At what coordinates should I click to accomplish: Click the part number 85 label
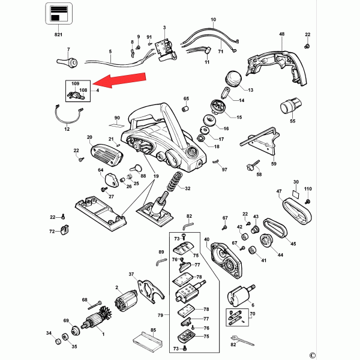coord(153,330)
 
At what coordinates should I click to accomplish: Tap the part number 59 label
coord(273,164)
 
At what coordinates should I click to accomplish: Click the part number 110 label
coord(308,190)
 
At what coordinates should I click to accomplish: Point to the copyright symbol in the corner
coord(346,355)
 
